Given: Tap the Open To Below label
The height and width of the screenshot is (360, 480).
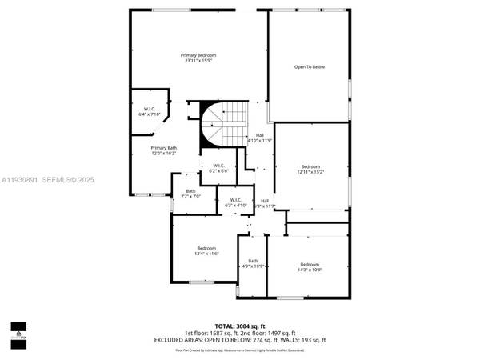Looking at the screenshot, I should pyautogui.click(x=310, y=67).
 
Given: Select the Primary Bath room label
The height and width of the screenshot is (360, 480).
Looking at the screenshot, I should pyautogui.click(x=165, y=148).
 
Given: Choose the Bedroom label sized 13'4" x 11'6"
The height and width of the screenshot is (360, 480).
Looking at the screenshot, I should pyautogui.click(x=207, y=249).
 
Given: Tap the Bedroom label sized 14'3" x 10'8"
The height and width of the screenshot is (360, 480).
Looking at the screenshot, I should pyautogui.click(x=310, y=265).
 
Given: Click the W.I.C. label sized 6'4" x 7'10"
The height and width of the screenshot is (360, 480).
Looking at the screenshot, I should pyautogui.click(x=150, y=109).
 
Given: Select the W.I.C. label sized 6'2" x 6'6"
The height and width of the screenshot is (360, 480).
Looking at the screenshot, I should pyautogui.click(x=219, y=166).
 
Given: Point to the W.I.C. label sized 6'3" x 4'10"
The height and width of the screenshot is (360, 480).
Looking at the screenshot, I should pyautogui.click(x=235, y=200).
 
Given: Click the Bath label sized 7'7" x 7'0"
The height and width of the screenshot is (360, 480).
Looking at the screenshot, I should pyautogui.click(x=190, y=190).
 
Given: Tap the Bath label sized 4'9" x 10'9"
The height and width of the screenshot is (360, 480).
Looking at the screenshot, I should pyautogui.click(x=253, y=261).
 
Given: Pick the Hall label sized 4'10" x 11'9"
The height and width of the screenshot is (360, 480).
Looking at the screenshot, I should pyautogui.click(x=260, y=135).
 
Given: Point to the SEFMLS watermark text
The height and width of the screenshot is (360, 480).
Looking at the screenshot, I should pyautogui.click(x=61, y=180).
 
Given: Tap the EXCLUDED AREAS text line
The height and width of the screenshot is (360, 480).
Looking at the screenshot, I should pyautogui.click(x=240, y=339).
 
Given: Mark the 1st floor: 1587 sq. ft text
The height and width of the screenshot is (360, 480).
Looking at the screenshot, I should pyautogui.click(x=211, y=333).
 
